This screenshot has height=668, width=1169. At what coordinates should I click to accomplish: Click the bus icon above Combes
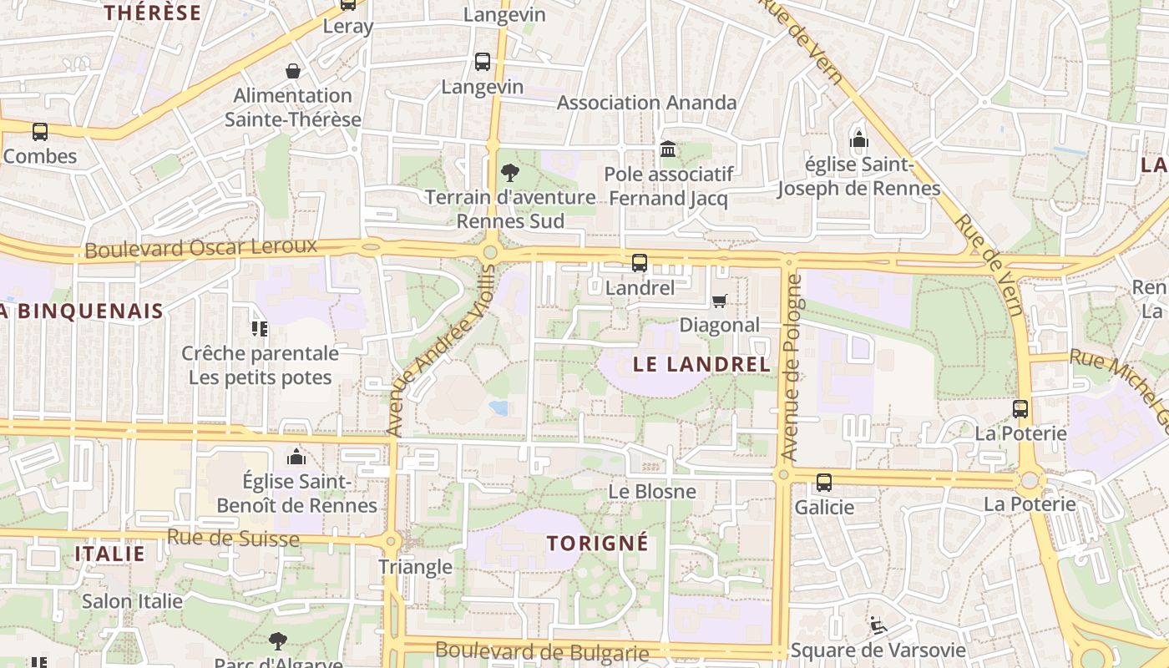pyautogui.click(x=39, y=131)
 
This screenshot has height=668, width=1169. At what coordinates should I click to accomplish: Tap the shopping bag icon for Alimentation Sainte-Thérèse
pyautogui.click(x=293, y=71)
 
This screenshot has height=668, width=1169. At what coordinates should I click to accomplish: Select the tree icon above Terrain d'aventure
pyautogui.click(x=509, y=173)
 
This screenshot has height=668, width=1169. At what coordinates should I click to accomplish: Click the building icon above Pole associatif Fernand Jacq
pyautogui.click(x=668, y=149)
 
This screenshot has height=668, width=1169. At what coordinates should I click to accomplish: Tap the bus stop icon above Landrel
pyautogui.click(x=640, y=263)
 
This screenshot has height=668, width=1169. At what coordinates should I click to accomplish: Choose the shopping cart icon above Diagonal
pyautogui.click(x=719, y=301)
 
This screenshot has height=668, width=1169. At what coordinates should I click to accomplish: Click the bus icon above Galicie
pyautogui.click(x=824, y=482)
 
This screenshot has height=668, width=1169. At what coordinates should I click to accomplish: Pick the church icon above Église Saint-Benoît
pyautogui.click(x=296, y=457)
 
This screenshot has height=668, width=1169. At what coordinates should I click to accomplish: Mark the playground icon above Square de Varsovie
pyautogui.click(x=876, y=625)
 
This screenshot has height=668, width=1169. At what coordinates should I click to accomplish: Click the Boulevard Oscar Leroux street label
pyautogui.click(x=201, y=248)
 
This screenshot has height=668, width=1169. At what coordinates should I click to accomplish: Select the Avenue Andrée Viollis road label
pyautogui.click(x=441, y=350)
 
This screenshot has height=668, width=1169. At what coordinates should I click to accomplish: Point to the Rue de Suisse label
pyautogui.click(x=233, y=538)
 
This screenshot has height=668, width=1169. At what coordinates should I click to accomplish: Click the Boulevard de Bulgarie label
pyautogui.click(x=542, y=651)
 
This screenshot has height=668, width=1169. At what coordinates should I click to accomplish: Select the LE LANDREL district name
pyautogui.click(x=701, y=364)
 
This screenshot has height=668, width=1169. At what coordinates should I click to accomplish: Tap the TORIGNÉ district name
pyautogui.click(x=597, y=543)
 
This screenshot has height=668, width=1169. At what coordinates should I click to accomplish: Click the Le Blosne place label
pyautogui.click(x=651, y=491)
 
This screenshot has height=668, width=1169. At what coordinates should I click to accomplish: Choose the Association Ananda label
pyautogui.click(x=646, y=103)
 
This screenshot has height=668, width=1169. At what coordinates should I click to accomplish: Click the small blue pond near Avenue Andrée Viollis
pyautogui.click(x=499, y=407)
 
